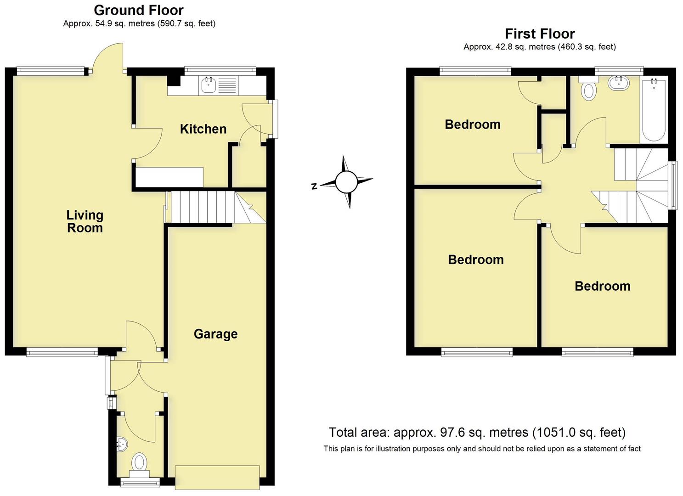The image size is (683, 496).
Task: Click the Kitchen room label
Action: tap(203, 129)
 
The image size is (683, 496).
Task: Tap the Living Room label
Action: tap(85, 221)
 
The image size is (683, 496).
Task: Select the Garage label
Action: tap(215, 334)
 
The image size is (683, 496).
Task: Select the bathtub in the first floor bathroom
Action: tap(653, 110)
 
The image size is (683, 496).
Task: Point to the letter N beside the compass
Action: tap(314, 186)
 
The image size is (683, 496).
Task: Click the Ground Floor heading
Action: tap(139, 10)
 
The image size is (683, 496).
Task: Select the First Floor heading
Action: tap(540, 34)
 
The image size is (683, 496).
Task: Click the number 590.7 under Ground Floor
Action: tap(171, 23)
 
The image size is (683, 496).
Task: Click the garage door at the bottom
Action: tap(217, 477)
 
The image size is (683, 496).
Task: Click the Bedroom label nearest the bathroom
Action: tap(473, 124)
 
